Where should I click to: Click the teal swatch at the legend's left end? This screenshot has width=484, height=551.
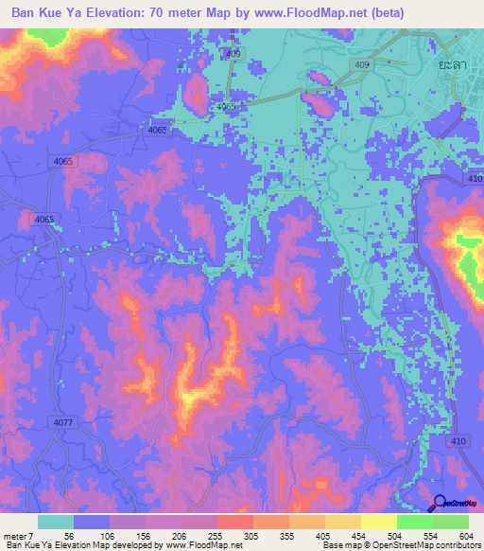pos(55,522)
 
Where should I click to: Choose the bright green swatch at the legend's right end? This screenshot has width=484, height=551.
pos(450,522)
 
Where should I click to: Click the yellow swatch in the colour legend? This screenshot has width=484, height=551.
pos(378,522)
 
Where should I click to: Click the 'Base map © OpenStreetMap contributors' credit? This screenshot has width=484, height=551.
pos(401,545)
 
